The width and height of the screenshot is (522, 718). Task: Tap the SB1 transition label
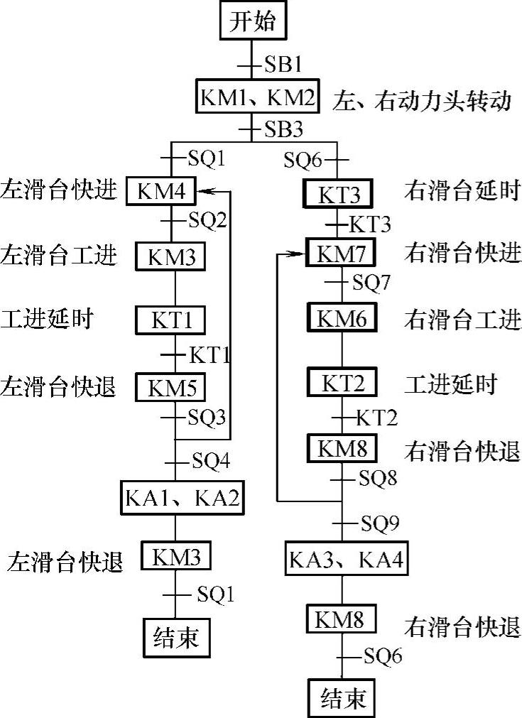283,65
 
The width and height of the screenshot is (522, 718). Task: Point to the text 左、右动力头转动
422,101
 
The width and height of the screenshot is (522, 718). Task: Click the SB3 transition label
283,130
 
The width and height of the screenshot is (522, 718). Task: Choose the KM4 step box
165,192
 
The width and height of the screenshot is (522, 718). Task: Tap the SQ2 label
207,221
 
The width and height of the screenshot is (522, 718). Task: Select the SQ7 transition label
371,283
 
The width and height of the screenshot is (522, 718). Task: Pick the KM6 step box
342,319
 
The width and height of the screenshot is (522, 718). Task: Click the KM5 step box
170,387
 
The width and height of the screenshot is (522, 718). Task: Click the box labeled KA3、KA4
346,560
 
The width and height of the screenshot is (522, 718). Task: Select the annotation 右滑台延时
462,191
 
